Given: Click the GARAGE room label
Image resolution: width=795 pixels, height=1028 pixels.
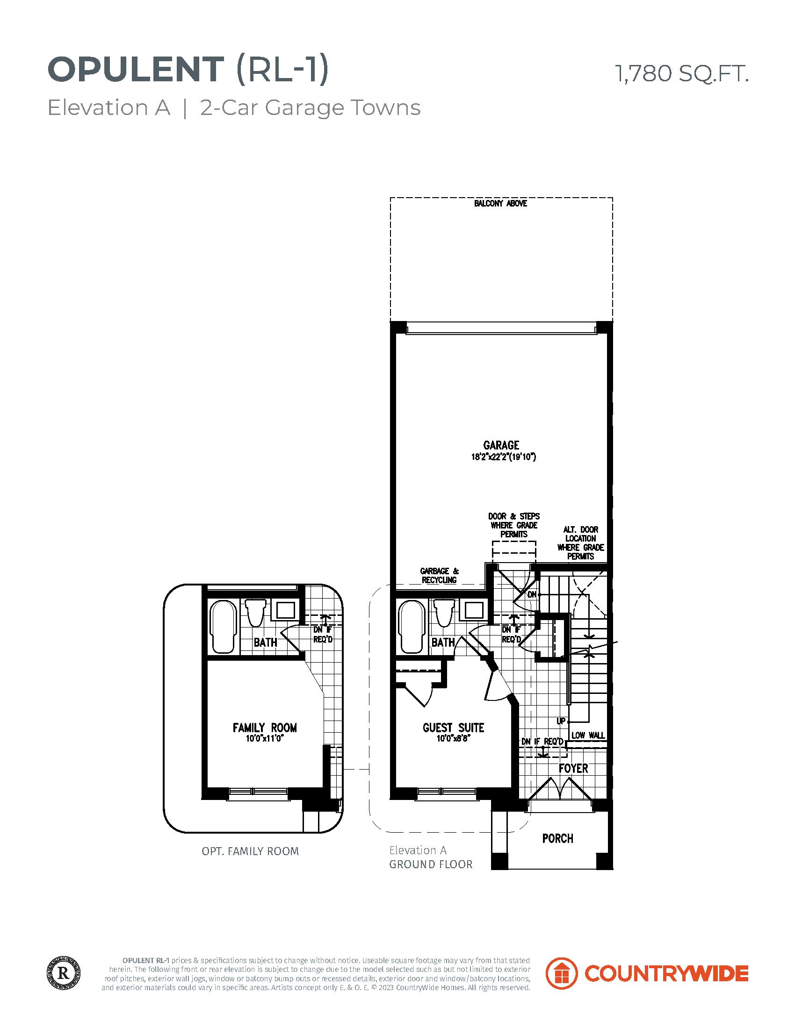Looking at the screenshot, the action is pos(501,445).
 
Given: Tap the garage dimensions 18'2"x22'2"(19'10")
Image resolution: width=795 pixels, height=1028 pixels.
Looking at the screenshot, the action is pos(504,457).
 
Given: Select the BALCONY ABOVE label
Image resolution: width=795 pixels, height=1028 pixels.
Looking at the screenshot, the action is pos(500,204).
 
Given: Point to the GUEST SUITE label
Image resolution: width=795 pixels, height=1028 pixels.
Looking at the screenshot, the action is pos(454,728).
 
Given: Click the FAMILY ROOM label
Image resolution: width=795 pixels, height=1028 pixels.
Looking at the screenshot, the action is pos(265,728).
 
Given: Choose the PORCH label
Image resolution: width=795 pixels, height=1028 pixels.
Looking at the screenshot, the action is pos(557,851).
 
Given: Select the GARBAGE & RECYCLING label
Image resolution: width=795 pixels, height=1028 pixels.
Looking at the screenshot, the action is pos(439,575).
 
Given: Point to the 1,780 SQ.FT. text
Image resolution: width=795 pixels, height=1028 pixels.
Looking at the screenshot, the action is pos(682,73).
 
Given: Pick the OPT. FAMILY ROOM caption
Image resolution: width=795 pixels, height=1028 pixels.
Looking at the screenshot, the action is pos(250,864).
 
